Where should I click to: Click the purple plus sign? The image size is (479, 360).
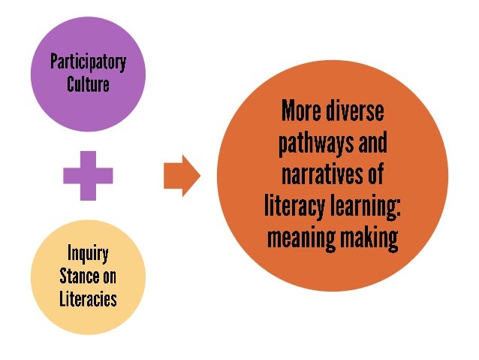click(89, 175)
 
